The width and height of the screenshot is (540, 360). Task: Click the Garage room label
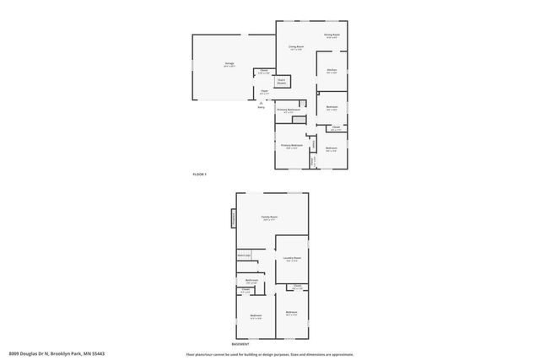pyautogui.click(x=229, y=63)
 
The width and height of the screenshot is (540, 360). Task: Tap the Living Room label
pyautogui.click(x=296, y=48)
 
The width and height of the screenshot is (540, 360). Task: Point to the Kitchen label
pyautogui.click(x=332, y=71)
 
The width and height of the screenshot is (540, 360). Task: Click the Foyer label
pyautogui.click(x=264, y=91)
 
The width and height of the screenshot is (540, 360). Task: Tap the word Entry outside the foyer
pyautogui.click(x=260, y=107)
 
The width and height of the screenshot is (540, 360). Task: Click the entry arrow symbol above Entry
pyautogui.click(x=260, y=102)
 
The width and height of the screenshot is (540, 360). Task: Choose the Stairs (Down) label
pyautogui.click(x=282, y=82)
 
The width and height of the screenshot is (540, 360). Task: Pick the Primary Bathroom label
pyautogui.click(x=289, y=110)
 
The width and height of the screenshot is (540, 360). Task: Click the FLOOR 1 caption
pyautogui.click(x=199, y=174)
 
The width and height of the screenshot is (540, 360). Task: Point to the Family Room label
pyautogui.click(x=269, y=218)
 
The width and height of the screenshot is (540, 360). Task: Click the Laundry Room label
pyautogui.click(x=293, y=260)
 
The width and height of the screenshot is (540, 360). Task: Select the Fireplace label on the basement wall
pyautogui.click(x=234, y=219)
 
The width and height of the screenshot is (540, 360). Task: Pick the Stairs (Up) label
pyautogui.click(x=244, y=254)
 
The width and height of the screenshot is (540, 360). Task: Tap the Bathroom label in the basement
pyautogui.click(x=251, y=281)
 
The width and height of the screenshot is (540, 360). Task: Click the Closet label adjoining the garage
pyautogui.click(x=264, y=72)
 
